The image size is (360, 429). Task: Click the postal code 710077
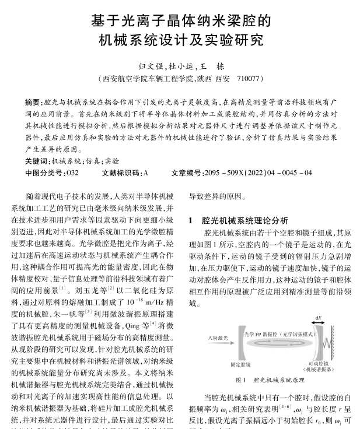click(x=244, y=78)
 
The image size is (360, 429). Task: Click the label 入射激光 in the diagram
click(x=217, y=337)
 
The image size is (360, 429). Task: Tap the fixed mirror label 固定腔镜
click(x=240, y=365)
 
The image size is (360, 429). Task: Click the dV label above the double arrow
click(x=318, y=317)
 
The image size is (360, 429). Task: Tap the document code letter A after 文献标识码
click(x=145, y=173)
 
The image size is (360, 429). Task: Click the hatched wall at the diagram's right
click(x=335, y=341)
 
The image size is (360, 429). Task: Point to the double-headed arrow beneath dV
click(x=318, y=323)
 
